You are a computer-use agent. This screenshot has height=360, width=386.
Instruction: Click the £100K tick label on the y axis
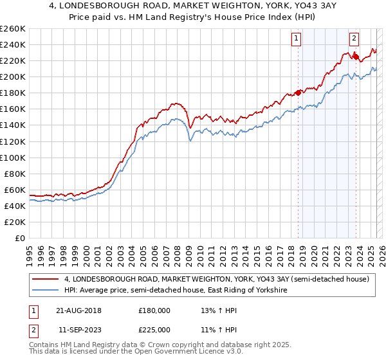pos(12,157)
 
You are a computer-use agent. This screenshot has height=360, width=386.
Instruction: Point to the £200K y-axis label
pos(12,76)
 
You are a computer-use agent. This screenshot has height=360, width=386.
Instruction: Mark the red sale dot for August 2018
pos(298,92)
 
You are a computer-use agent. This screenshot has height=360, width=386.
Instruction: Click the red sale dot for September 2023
pos(355,56)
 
